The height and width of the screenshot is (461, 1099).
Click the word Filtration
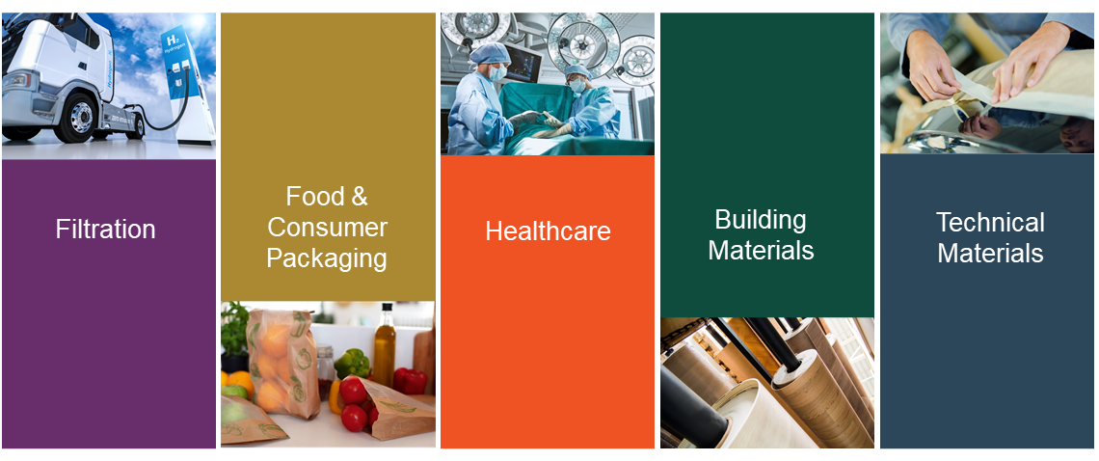pos(106,230)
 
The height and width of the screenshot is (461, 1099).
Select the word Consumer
pos(328,228)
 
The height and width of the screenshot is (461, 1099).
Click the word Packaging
pos(328,258)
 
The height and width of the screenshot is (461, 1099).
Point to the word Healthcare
pos(549,231)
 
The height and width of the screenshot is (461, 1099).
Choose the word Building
pos(761,220)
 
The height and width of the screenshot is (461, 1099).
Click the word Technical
pos(990,223)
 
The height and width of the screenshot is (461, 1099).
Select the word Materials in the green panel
pos(761,251)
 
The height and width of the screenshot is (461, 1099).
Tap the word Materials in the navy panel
pos(990,254)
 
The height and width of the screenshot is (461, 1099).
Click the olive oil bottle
pos(384,346)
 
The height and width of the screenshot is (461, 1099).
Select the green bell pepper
pos(351,363)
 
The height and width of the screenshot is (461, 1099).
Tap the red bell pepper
pos(411,380)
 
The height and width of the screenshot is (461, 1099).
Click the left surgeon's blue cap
pos(490,53)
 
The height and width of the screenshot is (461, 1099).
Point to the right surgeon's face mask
pos(576,85)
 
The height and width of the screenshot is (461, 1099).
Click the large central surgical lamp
pos(582,43)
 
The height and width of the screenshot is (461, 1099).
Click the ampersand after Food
pos(359,197)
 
